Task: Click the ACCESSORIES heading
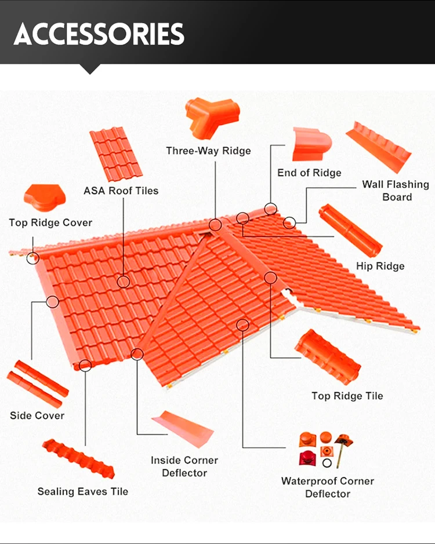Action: (x=99, y=34)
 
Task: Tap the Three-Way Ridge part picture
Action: (x=212, y=116)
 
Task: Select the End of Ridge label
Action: (x=309, y=173)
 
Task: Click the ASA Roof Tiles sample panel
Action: (x=116, y=154)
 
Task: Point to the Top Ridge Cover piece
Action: (x=45, y=198)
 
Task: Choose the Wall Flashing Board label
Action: (x=396, y=191)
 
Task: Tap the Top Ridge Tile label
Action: (x=347, y=396)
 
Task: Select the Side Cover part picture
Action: (x=38, y=384)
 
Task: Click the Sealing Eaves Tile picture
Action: (x=78, y=459)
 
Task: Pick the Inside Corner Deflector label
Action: (x=184, y=466)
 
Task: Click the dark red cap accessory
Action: (x=308, y=458)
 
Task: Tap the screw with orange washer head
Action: (x=342, y=450)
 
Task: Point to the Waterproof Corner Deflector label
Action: (x=328, y=487)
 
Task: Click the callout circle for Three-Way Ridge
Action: (x=215, y=225)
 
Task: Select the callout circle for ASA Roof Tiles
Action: (x=124, y=282)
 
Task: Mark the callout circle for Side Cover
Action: (x=52, y=302)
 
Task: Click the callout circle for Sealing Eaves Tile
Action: (x=85, y=366)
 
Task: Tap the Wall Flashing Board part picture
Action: (x=379, y=147)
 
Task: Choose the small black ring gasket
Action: (x=327, y=463)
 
